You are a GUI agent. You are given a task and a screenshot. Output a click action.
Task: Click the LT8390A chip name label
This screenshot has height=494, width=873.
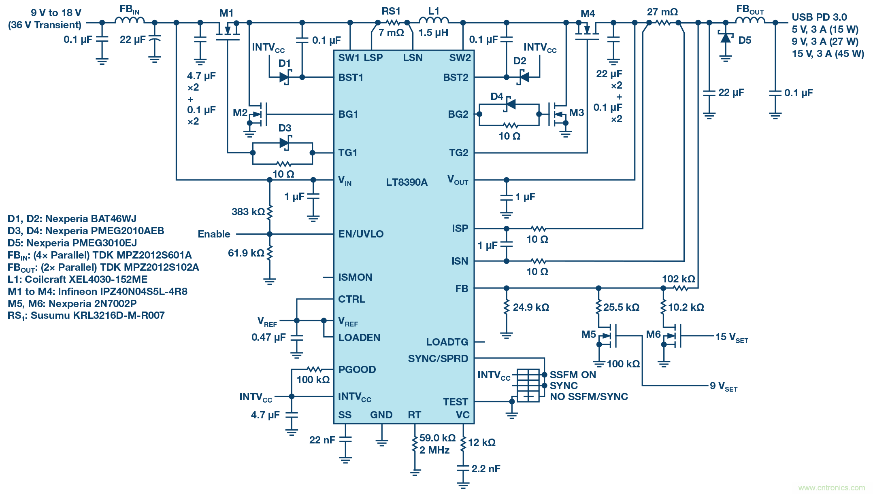406,182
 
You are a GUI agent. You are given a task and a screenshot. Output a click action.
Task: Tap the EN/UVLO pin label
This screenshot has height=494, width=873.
361,234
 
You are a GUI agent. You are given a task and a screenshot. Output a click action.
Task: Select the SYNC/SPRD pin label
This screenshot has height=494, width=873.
438,358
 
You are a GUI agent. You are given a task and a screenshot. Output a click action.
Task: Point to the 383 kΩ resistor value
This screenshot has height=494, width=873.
248,212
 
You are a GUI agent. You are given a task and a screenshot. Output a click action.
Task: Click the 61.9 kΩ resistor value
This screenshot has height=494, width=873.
246,253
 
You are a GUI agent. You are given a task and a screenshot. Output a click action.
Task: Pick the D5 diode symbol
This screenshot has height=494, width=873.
726,38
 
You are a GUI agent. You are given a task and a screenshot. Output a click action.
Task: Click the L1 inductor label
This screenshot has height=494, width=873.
434,11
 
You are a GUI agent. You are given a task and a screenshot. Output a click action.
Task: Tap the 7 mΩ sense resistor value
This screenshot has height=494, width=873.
391,32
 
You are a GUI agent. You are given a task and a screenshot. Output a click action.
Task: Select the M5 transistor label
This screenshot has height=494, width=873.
588,334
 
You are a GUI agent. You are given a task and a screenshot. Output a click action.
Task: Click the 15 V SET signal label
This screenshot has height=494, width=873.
731,337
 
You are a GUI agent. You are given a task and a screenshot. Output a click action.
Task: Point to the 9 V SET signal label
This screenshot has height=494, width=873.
723,386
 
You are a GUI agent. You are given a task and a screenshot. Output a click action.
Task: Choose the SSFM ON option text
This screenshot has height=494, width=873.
573,375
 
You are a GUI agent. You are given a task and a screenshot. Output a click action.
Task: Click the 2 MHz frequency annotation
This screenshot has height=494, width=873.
434,450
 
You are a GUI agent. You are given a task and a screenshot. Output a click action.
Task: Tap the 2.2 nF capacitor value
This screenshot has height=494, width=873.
485,469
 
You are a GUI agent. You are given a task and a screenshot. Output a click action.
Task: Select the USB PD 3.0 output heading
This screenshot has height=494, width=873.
819,17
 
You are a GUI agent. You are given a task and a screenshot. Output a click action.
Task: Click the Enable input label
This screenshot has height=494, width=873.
214,234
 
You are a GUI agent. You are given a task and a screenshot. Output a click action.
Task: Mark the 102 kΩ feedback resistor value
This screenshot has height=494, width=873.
678,279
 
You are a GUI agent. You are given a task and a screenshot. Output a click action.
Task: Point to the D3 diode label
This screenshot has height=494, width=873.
285,128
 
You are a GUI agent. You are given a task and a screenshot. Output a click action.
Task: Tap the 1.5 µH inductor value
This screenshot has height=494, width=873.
433,32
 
